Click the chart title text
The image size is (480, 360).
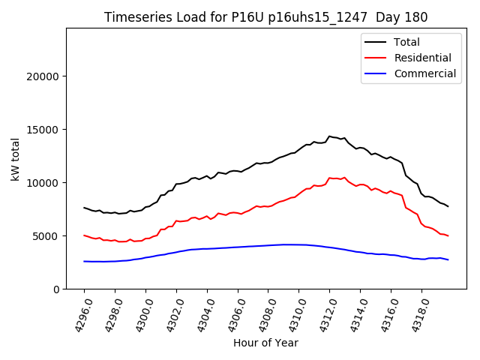coord(266,17)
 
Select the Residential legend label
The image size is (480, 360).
coord(422,58)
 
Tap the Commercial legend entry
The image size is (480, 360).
coord(424,73)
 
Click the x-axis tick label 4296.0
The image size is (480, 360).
coord(78,314)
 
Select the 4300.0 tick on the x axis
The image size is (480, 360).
coord(139,314)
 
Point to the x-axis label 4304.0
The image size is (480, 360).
coord(201,314)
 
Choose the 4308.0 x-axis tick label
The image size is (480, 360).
coord(262,314)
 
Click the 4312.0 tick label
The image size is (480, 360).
coord(323,314)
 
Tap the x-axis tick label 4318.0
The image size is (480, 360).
coord(415,314)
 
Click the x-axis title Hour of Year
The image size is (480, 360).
coord(265,343)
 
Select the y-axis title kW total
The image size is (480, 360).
coord(15,159)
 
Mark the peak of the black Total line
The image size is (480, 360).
coord(329,136)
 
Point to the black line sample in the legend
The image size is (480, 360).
coord(376,42)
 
